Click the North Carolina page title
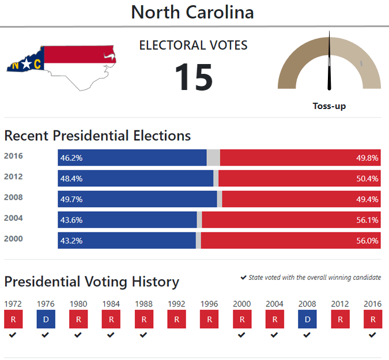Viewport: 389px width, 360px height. (192, 12)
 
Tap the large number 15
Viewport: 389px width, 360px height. (194, 77)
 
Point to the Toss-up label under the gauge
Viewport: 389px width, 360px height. (329, 106)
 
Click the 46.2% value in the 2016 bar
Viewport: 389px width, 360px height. (71, 157)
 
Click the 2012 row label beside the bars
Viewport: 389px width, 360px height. (13, 177)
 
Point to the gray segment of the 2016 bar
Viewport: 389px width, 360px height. (213, 157)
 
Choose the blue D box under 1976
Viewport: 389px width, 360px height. (45, 319)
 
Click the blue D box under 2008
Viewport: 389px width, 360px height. (307, 319)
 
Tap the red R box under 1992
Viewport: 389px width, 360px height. (176, 319)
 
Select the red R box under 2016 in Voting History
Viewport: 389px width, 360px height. (372, 319)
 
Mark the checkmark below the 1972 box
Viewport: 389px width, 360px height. (13, 335)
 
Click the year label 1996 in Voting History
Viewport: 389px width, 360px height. (209, 303)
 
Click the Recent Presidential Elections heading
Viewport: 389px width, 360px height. (97, 136)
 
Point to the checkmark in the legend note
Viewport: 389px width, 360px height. (243, 277)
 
